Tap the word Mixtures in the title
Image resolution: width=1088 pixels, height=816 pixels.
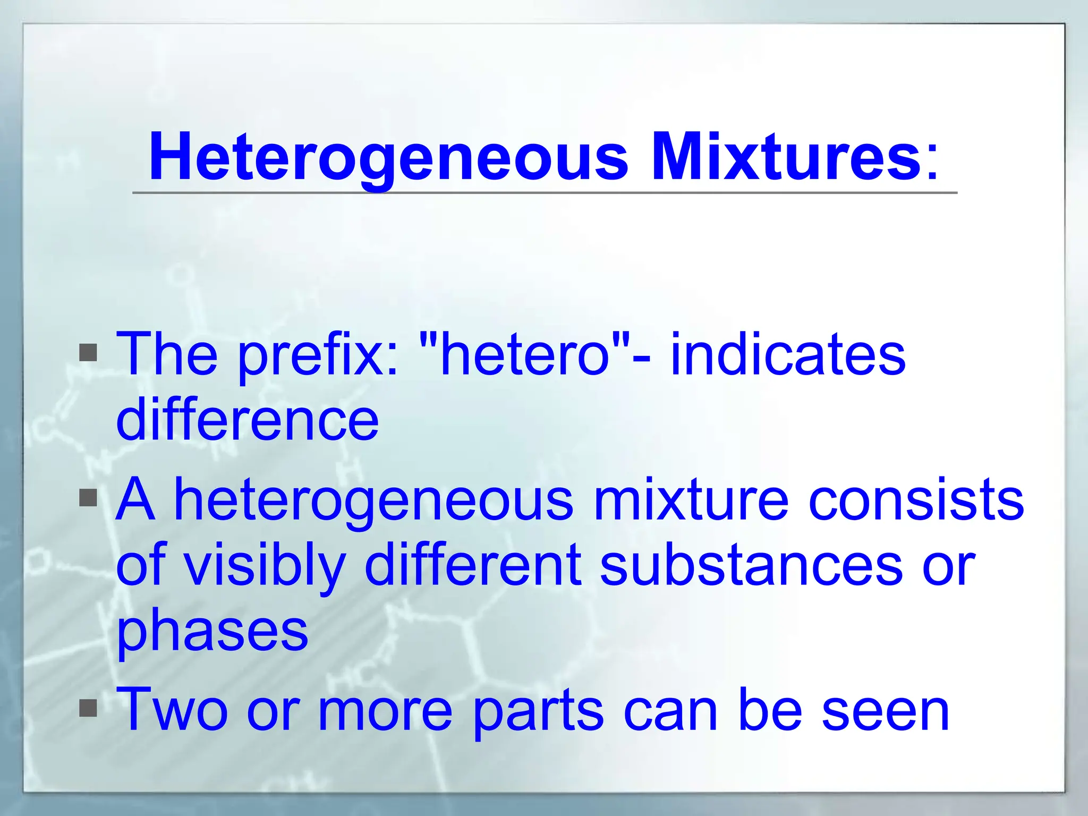point(786,157)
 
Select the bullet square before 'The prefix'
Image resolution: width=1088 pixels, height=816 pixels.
point(88,353)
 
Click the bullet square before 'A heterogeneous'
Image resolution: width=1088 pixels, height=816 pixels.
point(88,498)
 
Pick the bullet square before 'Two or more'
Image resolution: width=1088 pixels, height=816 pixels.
point(88,708)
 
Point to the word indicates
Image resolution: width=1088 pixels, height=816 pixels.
point(788,355)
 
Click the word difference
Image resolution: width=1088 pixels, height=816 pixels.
point(248,420)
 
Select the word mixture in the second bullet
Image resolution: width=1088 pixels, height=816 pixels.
point(691,500)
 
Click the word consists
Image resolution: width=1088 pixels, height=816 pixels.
point(916,500)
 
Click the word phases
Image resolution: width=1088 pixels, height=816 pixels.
point(212,632)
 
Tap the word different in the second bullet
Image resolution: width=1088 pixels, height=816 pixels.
point(473,565)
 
